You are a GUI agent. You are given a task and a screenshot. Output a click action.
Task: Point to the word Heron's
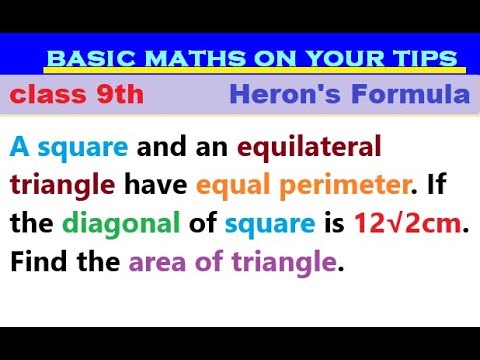(276, 97)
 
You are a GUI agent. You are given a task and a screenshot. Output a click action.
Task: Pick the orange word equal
(229, 185)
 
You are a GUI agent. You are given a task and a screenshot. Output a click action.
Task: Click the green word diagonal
(109, 224)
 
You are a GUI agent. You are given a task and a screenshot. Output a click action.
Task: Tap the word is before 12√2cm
(331, 224)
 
